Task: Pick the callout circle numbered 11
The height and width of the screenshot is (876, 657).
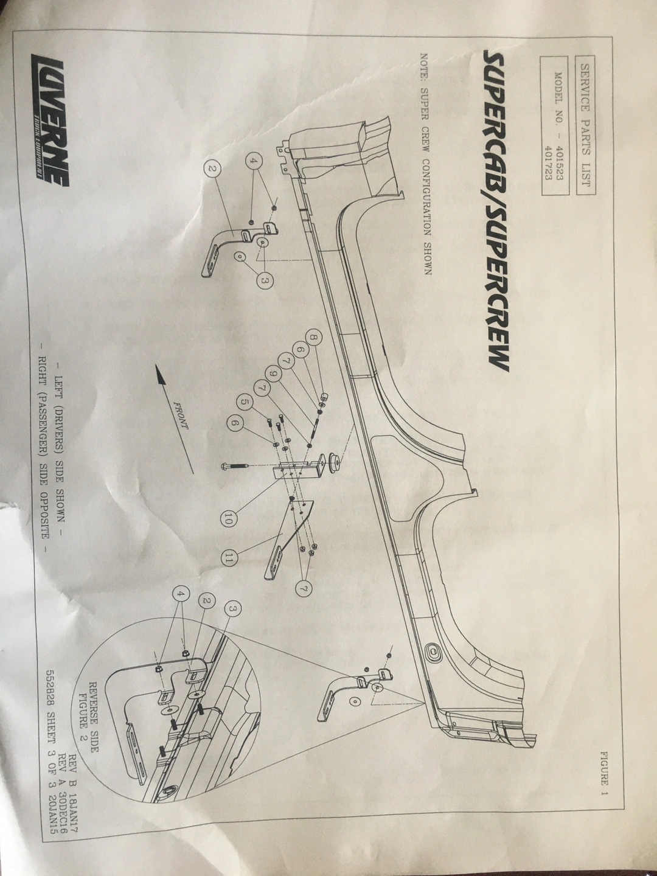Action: click(229, 558)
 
